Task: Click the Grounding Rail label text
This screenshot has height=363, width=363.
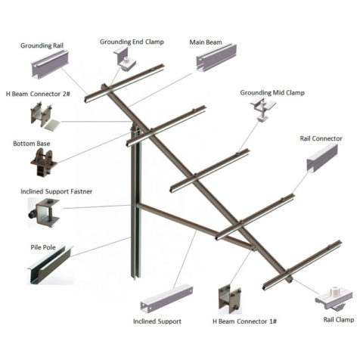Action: coord(42,45)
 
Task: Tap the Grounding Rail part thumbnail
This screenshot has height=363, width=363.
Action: coord(50,65)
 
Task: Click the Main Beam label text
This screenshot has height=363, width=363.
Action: coord(206,42)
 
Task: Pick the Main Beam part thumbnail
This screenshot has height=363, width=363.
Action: coord(216,57)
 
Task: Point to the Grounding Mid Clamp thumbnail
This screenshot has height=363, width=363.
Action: coord(263,109)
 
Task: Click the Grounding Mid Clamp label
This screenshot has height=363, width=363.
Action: coord(272,93)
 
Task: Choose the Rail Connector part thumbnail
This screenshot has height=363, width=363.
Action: coord(322,158)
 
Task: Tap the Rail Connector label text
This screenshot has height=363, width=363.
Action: coord(321,138)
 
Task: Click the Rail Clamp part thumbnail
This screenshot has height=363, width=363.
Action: coord(334,299)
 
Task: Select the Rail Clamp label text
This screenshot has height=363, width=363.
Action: coord(339,320)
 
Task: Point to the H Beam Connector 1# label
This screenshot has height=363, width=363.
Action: coord(244,321)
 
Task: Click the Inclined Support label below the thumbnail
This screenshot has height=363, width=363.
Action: coord(157,321)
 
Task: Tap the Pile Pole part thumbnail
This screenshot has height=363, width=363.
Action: coord(50,265)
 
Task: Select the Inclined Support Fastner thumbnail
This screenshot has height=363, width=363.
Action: coord(43,213)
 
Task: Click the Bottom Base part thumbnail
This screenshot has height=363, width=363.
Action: coord(43,162)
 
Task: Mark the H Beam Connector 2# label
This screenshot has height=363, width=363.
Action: coord(38,94)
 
